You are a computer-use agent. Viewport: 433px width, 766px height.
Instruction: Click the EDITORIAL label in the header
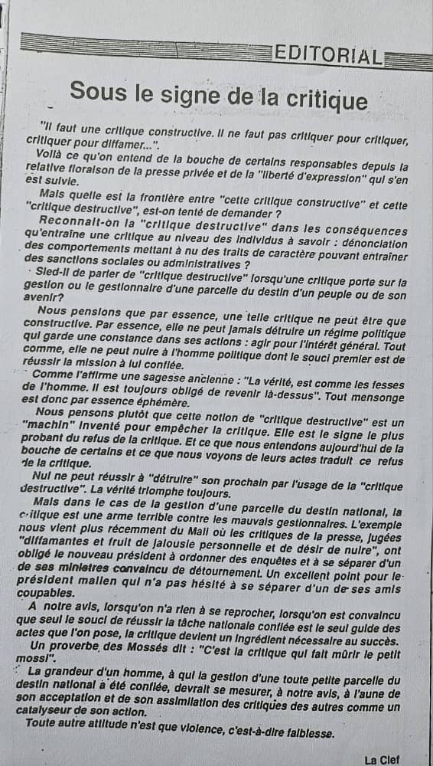click(327, 54)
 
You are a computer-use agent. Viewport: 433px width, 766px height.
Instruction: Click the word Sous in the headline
click(94, 91)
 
